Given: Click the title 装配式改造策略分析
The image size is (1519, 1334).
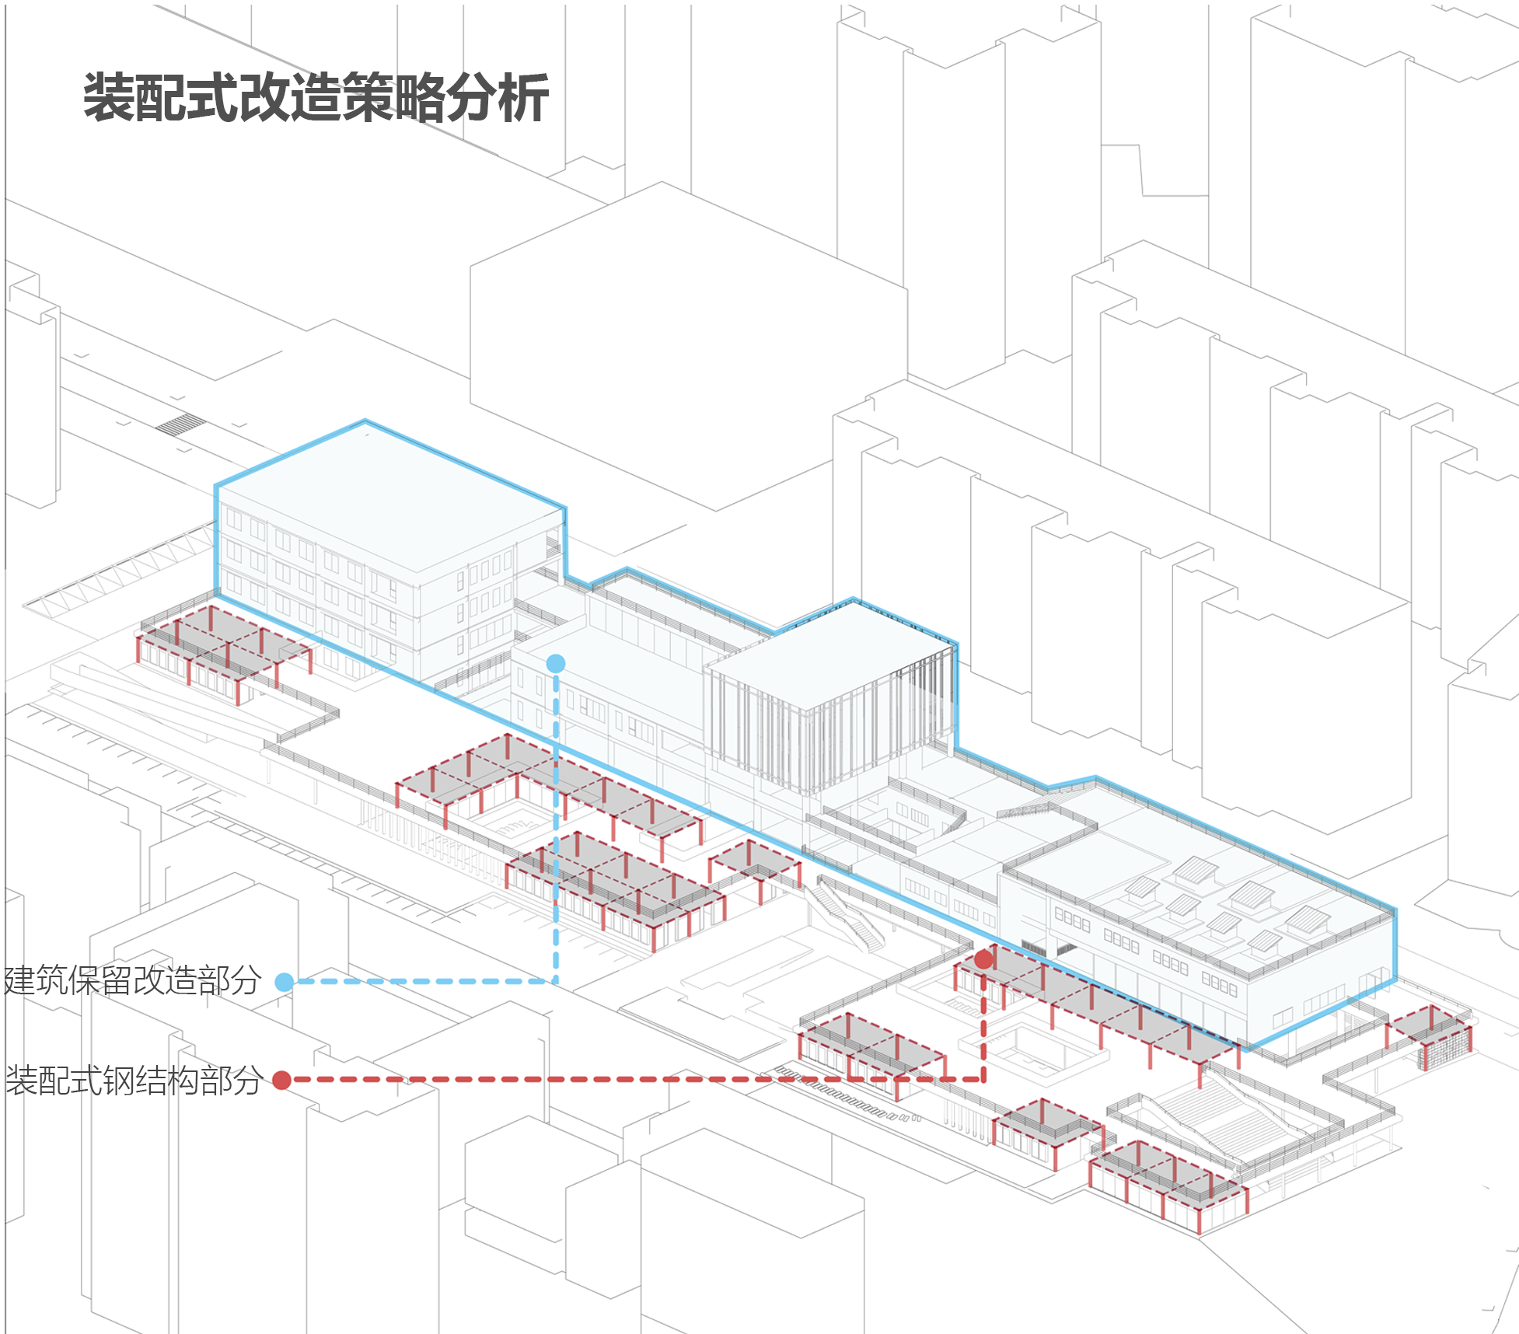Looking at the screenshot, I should [x=316, y=98].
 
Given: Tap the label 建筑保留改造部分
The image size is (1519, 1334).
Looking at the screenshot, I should [x=132, y=981].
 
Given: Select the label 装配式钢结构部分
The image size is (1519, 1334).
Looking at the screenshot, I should [x=134, y=1080].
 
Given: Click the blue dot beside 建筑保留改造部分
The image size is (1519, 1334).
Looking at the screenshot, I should [x=285, y=982].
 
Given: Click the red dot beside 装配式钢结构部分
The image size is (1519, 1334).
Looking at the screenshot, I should [x=282, y=1080].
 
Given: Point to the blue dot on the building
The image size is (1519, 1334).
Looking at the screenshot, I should [x=555, y=663].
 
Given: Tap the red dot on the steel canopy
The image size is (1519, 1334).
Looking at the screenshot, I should [x=983, y=959].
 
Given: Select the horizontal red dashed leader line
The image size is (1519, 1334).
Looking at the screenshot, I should [x=622, y=1080].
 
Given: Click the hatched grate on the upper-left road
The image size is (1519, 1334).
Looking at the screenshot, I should [x=180, y=424].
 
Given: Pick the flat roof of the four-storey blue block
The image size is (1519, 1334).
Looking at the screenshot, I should [x=389, y=498].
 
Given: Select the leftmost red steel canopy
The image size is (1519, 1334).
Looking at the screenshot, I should [x=222, y=649].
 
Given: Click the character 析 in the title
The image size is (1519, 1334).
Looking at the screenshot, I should [x=524, y=98].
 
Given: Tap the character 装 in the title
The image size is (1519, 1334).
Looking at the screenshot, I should [x=109, y=98].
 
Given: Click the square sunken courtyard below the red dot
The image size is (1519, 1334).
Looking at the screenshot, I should [x=1034, y=1049].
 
